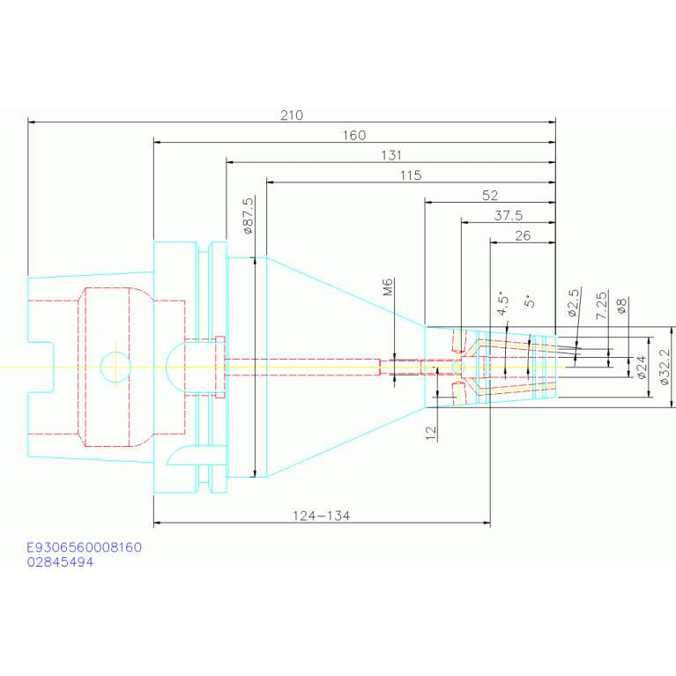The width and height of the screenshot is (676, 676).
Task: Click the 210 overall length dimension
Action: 292,115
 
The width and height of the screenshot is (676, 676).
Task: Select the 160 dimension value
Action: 354,136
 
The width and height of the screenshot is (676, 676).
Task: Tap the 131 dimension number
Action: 391,155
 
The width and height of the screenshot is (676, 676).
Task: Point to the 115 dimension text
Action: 411,175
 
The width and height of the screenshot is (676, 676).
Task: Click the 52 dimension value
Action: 490,196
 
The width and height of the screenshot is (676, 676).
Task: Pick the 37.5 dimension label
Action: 509,216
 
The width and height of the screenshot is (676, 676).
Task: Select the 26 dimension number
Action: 523,236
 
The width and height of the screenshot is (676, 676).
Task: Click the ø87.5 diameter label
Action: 248,216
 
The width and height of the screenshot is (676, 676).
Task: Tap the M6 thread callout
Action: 388,287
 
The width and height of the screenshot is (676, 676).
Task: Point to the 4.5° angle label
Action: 502,303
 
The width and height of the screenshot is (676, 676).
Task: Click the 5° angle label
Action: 530,301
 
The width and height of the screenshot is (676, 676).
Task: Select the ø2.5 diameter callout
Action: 574,302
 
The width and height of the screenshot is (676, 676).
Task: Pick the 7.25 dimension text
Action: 601,305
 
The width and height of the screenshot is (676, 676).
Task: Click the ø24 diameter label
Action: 642,368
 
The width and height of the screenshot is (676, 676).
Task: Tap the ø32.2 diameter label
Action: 665,367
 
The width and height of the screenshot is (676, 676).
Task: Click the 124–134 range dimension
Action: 322,516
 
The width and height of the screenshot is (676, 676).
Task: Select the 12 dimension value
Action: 431,433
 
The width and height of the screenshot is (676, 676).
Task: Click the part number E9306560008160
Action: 84,547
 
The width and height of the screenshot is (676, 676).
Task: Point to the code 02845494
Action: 60,561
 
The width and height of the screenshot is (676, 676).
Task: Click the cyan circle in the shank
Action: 115,353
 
